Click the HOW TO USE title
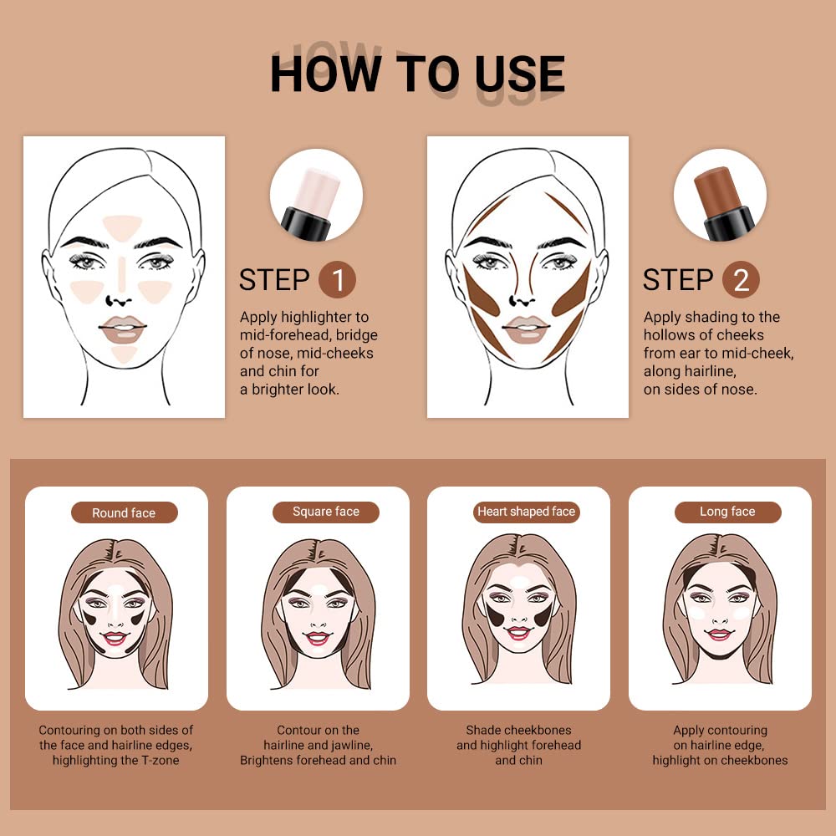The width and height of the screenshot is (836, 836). coord(417,74)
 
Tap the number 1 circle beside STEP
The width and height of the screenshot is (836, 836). coord(337,280)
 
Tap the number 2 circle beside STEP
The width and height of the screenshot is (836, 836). coord(741,280)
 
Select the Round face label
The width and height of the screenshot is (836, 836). coord(124,512)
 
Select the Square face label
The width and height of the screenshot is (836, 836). coord(325,512)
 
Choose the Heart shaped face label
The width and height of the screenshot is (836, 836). coord(527,512)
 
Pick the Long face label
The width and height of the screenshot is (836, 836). coord(727,512)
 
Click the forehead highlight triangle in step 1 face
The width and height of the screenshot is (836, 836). coord(123,225)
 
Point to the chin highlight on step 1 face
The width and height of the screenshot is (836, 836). coord(124,353)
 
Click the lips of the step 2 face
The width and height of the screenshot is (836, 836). coord(526,329)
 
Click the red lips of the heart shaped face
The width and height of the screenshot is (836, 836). coord(518,633)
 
